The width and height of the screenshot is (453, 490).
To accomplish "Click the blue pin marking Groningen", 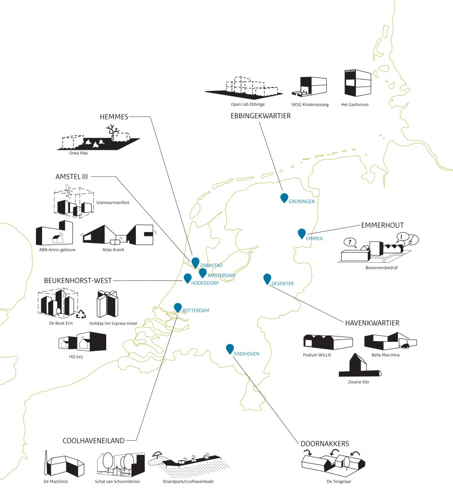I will [284, 198].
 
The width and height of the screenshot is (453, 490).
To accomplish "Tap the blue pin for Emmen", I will [301, 233].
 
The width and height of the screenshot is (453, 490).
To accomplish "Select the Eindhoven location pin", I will [230, 349].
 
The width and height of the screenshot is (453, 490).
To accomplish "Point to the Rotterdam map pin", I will [178, 308].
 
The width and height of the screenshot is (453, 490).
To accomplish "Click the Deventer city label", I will [282, 284].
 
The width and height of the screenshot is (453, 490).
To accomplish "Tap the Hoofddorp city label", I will [205, 283].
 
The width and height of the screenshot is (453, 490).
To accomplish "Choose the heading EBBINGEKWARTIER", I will [260, 116].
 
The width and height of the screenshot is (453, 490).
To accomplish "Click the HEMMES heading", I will [114, 116].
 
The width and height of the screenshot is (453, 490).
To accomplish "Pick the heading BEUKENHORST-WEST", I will [77, 280].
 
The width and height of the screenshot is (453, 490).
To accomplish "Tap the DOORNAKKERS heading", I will [325, 444].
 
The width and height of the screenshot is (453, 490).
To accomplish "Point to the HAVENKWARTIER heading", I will [372, 323].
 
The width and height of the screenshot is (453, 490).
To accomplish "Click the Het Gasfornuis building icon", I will [357, 84].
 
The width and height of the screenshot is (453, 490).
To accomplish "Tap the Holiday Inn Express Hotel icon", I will [108, 305].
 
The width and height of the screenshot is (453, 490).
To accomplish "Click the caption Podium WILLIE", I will [317, 355].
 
